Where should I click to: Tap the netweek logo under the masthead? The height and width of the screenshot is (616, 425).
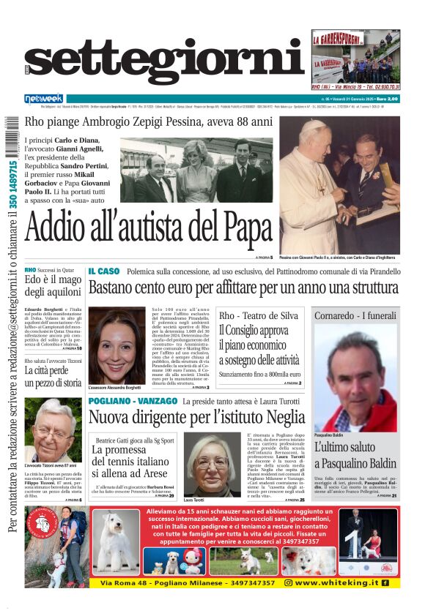[x=43, y=98]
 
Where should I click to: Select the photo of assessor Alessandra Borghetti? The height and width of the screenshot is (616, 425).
[x=116, y=345]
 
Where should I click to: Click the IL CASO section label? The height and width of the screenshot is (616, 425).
[x=103, y=271]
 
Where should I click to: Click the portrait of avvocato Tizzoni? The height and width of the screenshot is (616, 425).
[x=53, y=429]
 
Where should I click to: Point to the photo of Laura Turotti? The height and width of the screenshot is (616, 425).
[x=212, y=464]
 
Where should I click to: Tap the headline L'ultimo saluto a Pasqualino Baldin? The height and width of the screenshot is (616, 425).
[x=355, y=454]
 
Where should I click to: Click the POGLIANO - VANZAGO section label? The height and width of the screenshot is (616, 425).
[x=133, y=402]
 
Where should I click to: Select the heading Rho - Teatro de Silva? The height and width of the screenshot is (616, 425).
[x=259, y=315]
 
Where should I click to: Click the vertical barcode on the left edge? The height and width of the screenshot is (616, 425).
[x=10, y=150]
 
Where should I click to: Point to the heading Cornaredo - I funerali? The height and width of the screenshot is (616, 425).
[x=355, y=315]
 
